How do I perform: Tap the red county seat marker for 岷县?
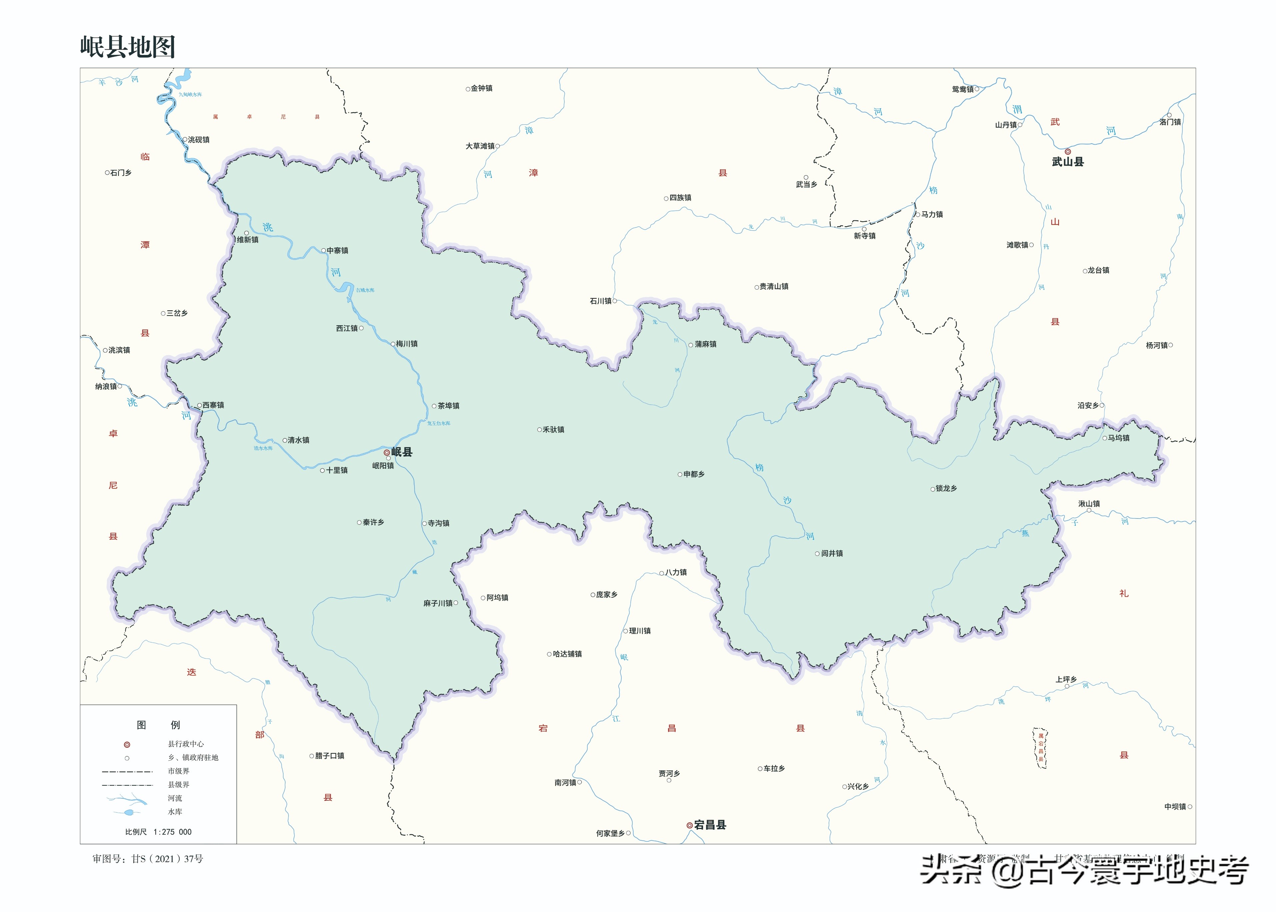(x=386, y=452)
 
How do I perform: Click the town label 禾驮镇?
(x=553, y=430)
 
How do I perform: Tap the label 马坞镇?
(x=1118, y=438)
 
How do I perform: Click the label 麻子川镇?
(x=437, y=603)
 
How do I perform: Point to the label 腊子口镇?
(x=329, y=756)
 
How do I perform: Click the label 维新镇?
(x=248, y=240)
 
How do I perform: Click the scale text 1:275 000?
(x=172, y=832)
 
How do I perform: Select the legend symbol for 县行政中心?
(x=127, y=745)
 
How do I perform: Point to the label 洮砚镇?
(x=198, y=140)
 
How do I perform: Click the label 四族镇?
(x=680, y=198)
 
